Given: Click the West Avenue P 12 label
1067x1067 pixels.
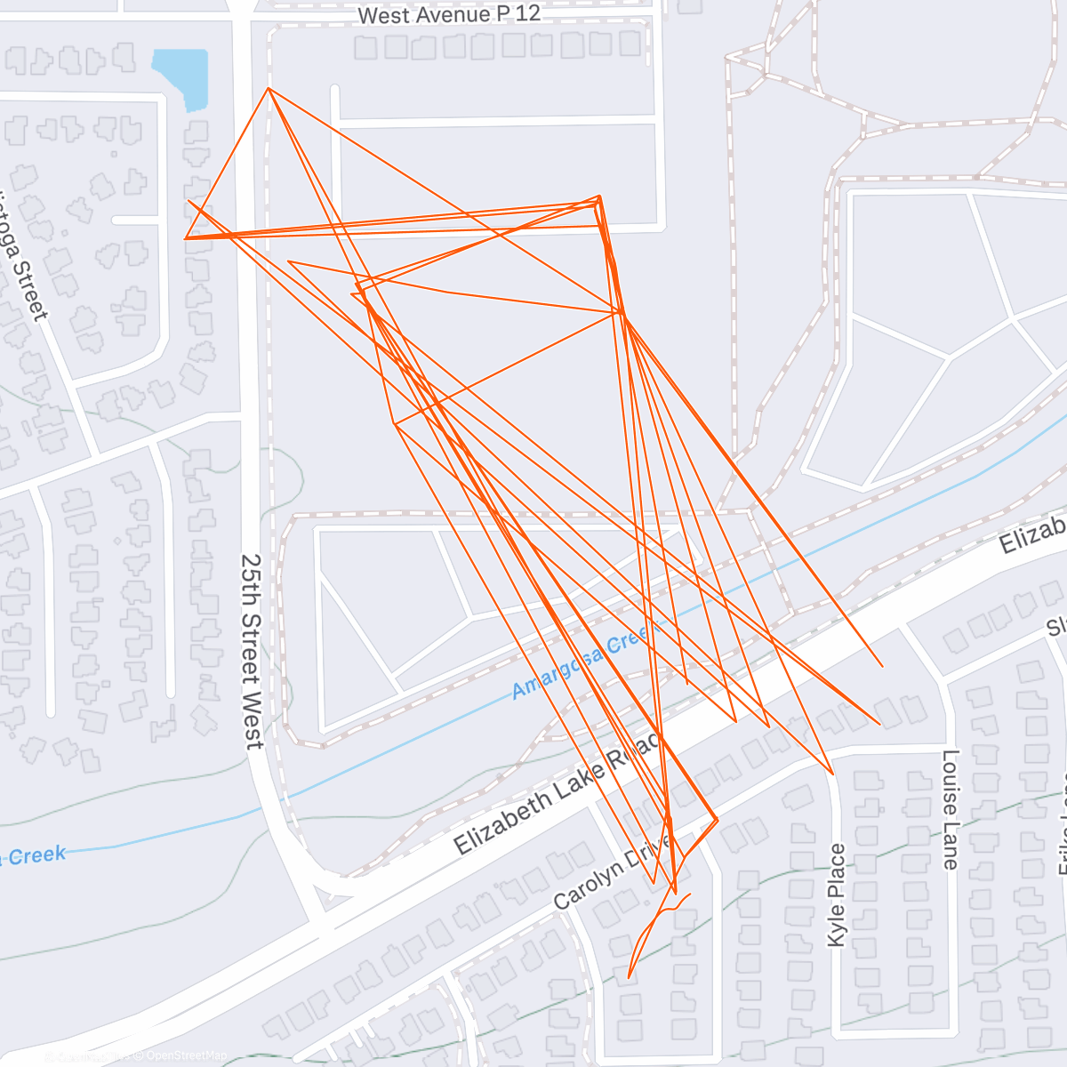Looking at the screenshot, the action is click(x=449, y=15).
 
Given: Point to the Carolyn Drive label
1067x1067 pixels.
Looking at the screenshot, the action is click(x=614, y=871).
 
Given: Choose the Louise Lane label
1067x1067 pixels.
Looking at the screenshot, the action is click(x=951, y=809).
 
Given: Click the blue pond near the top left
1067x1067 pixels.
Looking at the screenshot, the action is click(x=183, y=76).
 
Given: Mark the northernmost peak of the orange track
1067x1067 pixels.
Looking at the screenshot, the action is click(x=269, y=88).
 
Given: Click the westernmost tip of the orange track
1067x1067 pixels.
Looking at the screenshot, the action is click(x=185, y=238).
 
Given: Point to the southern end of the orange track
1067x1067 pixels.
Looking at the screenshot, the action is click(x=629, y=977).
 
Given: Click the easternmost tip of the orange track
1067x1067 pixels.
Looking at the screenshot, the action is click(x=882, y=666).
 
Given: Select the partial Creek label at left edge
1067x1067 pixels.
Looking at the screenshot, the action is click(x=36, y=856).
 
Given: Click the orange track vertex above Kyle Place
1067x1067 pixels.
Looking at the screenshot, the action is click(x=832, y=774).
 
